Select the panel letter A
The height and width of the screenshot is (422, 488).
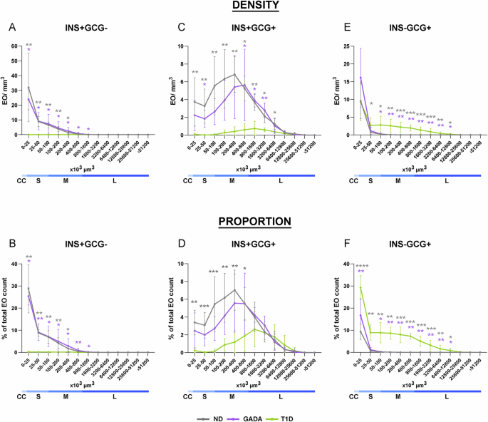12,28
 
